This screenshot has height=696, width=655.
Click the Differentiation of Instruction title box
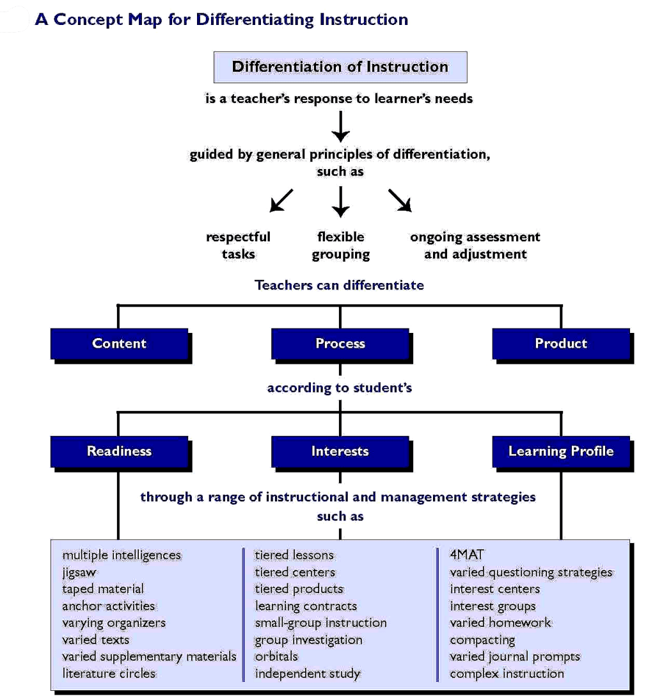pos(340,67)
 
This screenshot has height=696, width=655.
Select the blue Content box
pos(119,344)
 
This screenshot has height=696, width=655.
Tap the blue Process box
pos(340,344)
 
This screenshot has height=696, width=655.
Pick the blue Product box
pos(560,344)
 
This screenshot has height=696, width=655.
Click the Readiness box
pos(119,451)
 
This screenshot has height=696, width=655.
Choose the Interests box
pos(340,451)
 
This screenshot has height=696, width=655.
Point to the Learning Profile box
pos(560,451)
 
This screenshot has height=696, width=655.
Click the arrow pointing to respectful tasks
pos(281,200)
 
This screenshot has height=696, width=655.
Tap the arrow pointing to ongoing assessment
pos(400,200)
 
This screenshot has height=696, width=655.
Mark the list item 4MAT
pos(468,555)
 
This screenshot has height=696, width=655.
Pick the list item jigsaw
pos(79,572)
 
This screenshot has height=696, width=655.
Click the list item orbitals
pos(276,656)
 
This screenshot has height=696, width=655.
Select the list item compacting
pos(482,640)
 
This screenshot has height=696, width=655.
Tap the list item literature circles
pos(109,673)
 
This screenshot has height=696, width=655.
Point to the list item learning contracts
pos(306,606)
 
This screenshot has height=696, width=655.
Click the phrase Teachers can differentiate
pos(339,285)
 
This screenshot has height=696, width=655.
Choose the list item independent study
pos(308,674)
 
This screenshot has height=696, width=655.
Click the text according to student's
pos(339,388)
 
